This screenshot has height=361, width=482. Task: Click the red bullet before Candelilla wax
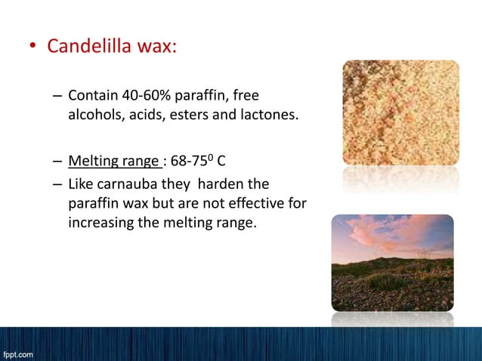pyautogui.click(x=32, y=48)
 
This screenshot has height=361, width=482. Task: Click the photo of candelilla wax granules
pyautogui.click(x=400, y=113)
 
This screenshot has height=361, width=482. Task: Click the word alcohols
pyautogui.click(x=94, y=116)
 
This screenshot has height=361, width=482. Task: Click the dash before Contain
pyautogui.click(x=58, y=97)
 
